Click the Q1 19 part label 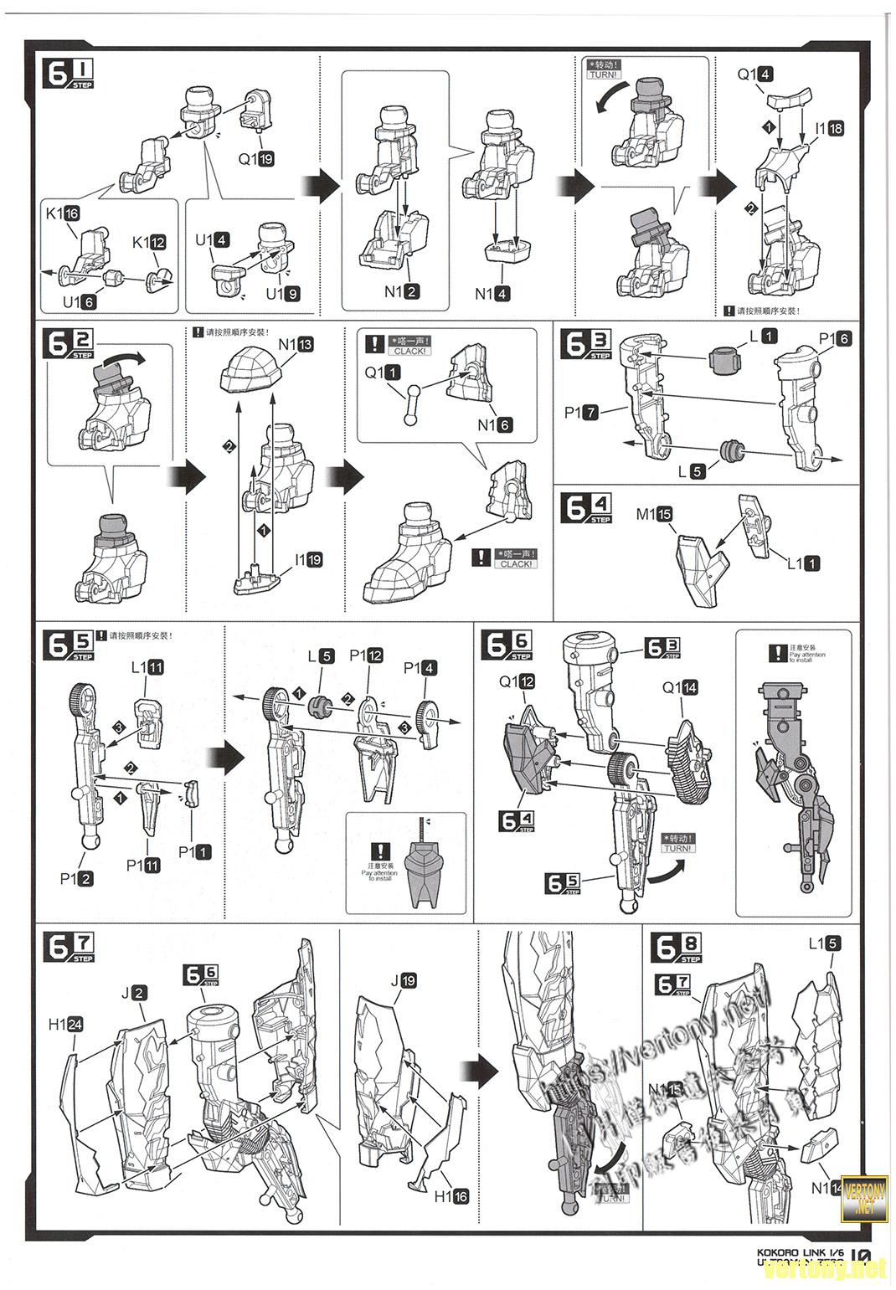point(256,159)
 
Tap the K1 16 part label point(62,213)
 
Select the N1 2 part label point(402,291)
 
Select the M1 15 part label point(654,515)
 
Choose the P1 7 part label point(581,413)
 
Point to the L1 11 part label point(147,668)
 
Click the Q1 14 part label point(679,687)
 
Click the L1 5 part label point(824,943)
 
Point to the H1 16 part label point(451,1196)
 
